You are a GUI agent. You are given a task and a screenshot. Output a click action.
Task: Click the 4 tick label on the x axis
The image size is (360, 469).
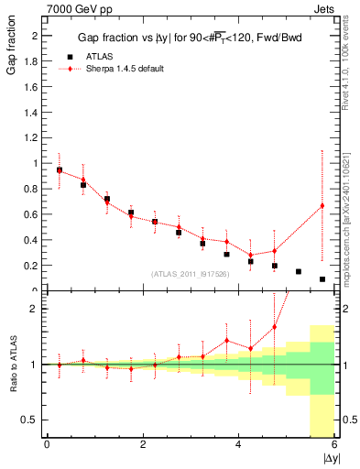click(x=238, y=445)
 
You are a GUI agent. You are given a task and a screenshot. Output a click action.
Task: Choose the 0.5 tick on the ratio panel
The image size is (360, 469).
click(x=32, y=420)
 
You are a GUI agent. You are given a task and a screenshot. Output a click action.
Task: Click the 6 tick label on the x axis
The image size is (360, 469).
click(x=333, y=445)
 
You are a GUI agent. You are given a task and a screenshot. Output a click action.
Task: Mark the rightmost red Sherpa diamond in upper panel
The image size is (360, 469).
click(x=322, y=205)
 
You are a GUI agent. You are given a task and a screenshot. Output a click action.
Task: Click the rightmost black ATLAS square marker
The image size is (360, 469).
click(x=322, y=279)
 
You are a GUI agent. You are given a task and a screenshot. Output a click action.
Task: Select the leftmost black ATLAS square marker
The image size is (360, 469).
click(x=60, y=170)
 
